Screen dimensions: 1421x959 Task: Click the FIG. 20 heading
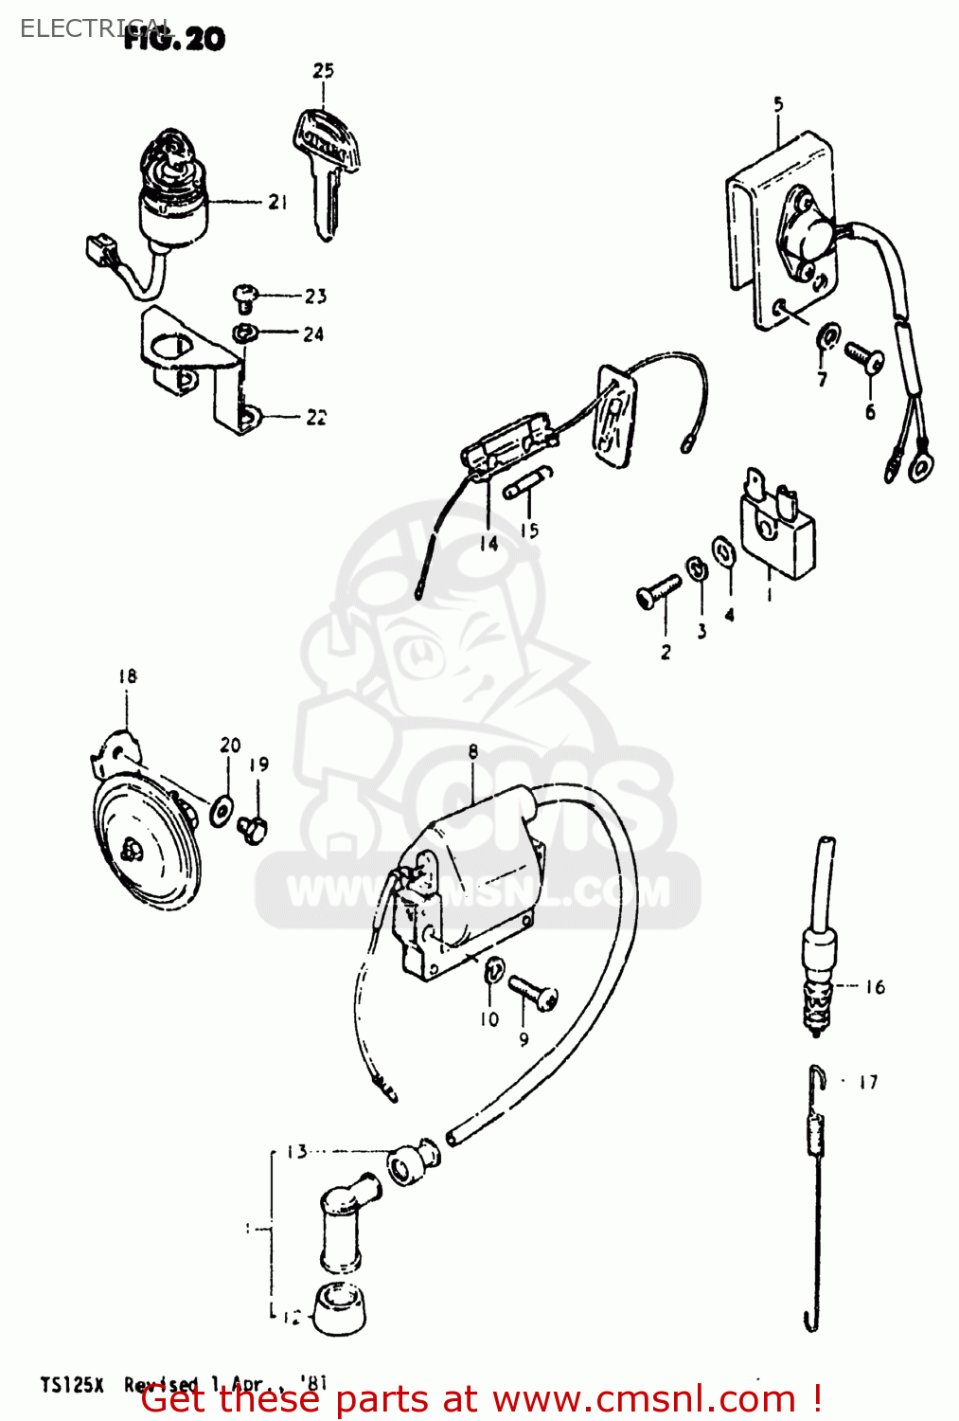[x=175, y=39]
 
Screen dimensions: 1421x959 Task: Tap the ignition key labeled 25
[x=326, y=171]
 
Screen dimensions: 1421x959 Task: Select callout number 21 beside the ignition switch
[x=277, y=202]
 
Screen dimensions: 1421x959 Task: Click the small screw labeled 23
[x=244, y=297]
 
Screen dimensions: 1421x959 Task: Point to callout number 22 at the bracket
[x=316, y=417]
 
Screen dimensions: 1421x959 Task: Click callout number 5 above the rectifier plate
[x=778, y=103]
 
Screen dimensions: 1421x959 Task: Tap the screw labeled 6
[x=864, y=358]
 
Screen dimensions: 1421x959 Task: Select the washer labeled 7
[x=827, y=335]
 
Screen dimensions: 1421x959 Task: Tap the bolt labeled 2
[x=658, y=592]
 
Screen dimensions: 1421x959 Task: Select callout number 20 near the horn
[x=230, y=746]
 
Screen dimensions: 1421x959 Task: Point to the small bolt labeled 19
[x=252, y=829]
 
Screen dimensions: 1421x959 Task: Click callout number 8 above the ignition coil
[x=472, y=752]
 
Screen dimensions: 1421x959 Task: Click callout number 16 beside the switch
[x=875, y=987]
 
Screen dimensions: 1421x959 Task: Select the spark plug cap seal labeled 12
[x=339, y=1309]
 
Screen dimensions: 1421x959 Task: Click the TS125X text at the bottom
[x=72, y=1385]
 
